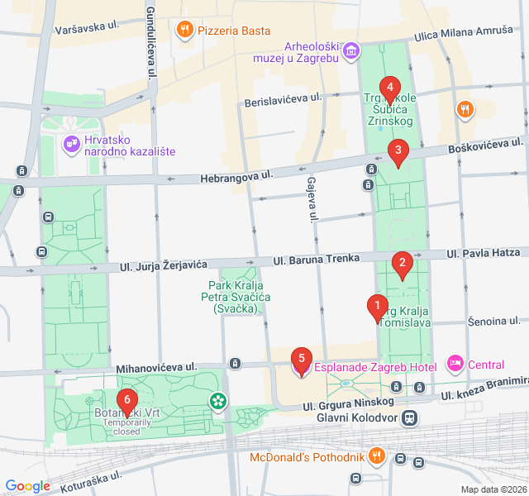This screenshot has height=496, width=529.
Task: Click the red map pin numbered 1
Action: [377, 308]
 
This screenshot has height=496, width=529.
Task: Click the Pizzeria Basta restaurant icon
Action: [185, 31]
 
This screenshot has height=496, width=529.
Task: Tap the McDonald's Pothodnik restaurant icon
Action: [377, 455]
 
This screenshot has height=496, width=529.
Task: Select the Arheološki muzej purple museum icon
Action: [352, 52]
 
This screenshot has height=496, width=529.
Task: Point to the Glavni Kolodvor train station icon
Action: [409, 418]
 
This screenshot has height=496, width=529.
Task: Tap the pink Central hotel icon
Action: [455, 364]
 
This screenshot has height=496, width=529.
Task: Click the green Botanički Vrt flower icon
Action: [218, 402]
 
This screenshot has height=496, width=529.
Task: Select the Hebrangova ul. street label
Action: [237, 177]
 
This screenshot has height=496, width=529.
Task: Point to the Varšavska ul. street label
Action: [87, 27]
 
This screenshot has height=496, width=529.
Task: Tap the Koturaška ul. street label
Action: [87, 478]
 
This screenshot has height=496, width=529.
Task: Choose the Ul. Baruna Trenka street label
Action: [316, 259]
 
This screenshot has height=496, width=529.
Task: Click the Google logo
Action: [28, 486]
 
